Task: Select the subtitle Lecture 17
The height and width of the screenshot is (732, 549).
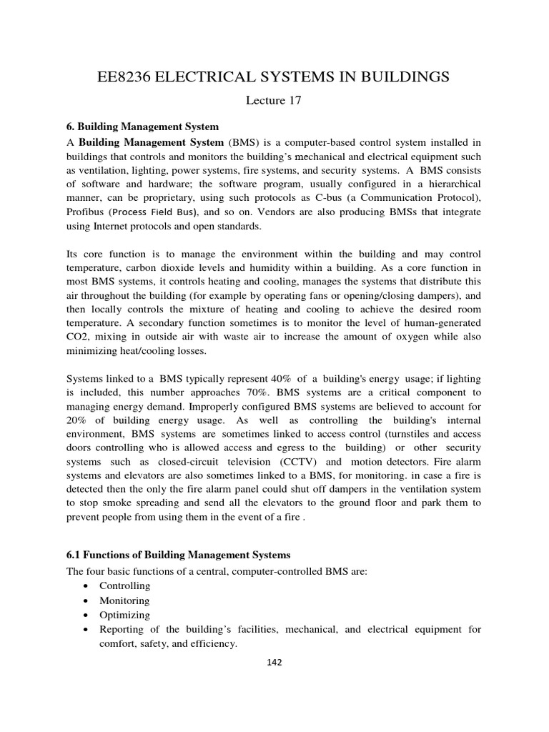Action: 274,101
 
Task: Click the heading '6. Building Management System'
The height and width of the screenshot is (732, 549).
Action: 142,127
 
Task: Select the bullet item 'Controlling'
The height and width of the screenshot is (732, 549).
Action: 125,586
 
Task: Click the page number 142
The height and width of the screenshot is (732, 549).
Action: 274,662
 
